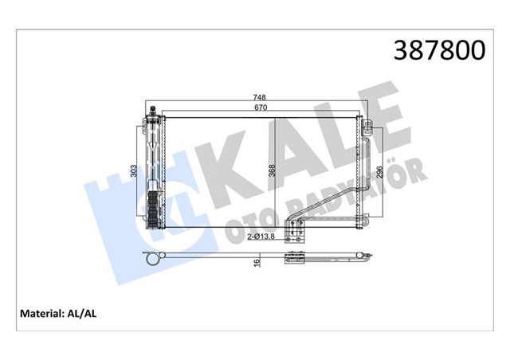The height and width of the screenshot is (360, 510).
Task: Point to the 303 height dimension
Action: click(135, 170)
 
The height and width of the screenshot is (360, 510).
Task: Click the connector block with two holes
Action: click(296, 234)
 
